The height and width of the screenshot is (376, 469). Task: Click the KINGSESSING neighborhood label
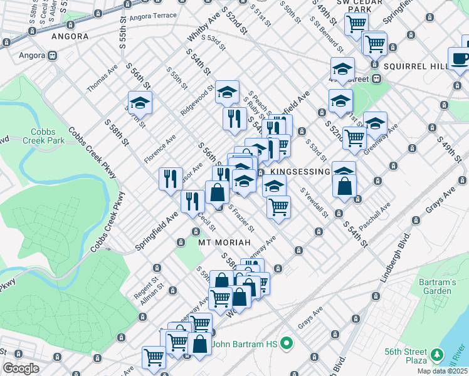pos(300,172)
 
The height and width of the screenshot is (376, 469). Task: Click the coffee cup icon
pos(460,59)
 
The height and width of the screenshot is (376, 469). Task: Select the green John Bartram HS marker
pos(287,343)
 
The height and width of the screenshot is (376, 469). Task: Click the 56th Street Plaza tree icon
pos(436,357)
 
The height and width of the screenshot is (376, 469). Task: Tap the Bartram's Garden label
pos(437,287)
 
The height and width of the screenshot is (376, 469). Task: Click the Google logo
pos(21,368)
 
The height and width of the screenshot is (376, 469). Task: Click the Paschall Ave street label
pos(375,213)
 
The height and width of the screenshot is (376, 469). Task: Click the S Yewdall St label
pos(314,202)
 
